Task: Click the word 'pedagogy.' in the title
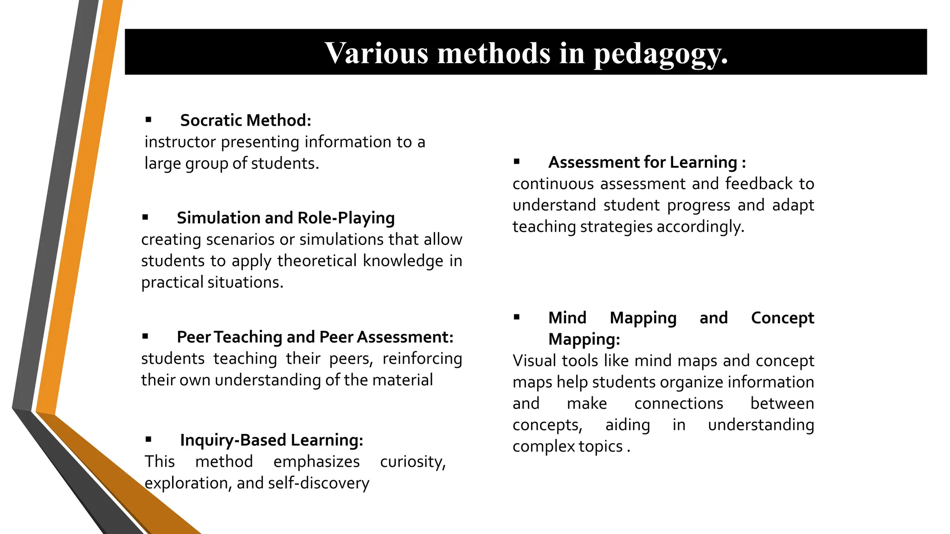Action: pyautogui.click(x=661, y=54)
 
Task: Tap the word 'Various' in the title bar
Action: pyautogui.click(x=376, y=53)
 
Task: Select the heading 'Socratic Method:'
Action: pyautogui.click(x=245, y=121)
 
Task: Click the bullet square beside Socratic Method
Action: pyautogui.click(x=148, y=120)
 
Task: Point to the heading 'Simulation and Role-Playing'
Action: pyautogui.click(x=285, y=218)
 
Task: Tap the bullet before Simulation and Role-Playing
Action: pyautogui.click(x=145, y=217)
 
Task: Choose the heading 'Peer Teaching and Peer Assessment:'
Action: pyautogui.click(x=315, y=337)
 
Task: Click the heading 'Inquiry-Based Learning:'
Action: pyautogui.click(x=271, y=440)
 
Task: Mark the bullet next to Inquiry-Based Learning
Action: pyautogui.click(x=148, y=439)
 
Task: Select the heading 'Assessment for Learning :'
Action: pyautogui.click(x=647, y=162)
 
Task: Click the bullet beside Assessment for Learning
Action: pyautogui.click(x=517, y=162)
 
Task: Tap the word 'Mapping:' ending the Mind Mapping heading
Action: pyautogui.click(x=584, y=339)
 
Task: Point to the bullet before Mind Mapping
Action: pyautogui.click(x=517, y=318)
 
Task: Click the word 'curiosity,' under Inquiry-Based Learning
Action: pyautogui.click(x=412, y=462)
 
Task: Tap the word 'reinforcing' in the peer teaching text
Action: pyautogui.click(x=422, y=359)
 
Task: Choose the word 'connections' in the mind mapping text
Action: pyautogui.click(x=678, y=403)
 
